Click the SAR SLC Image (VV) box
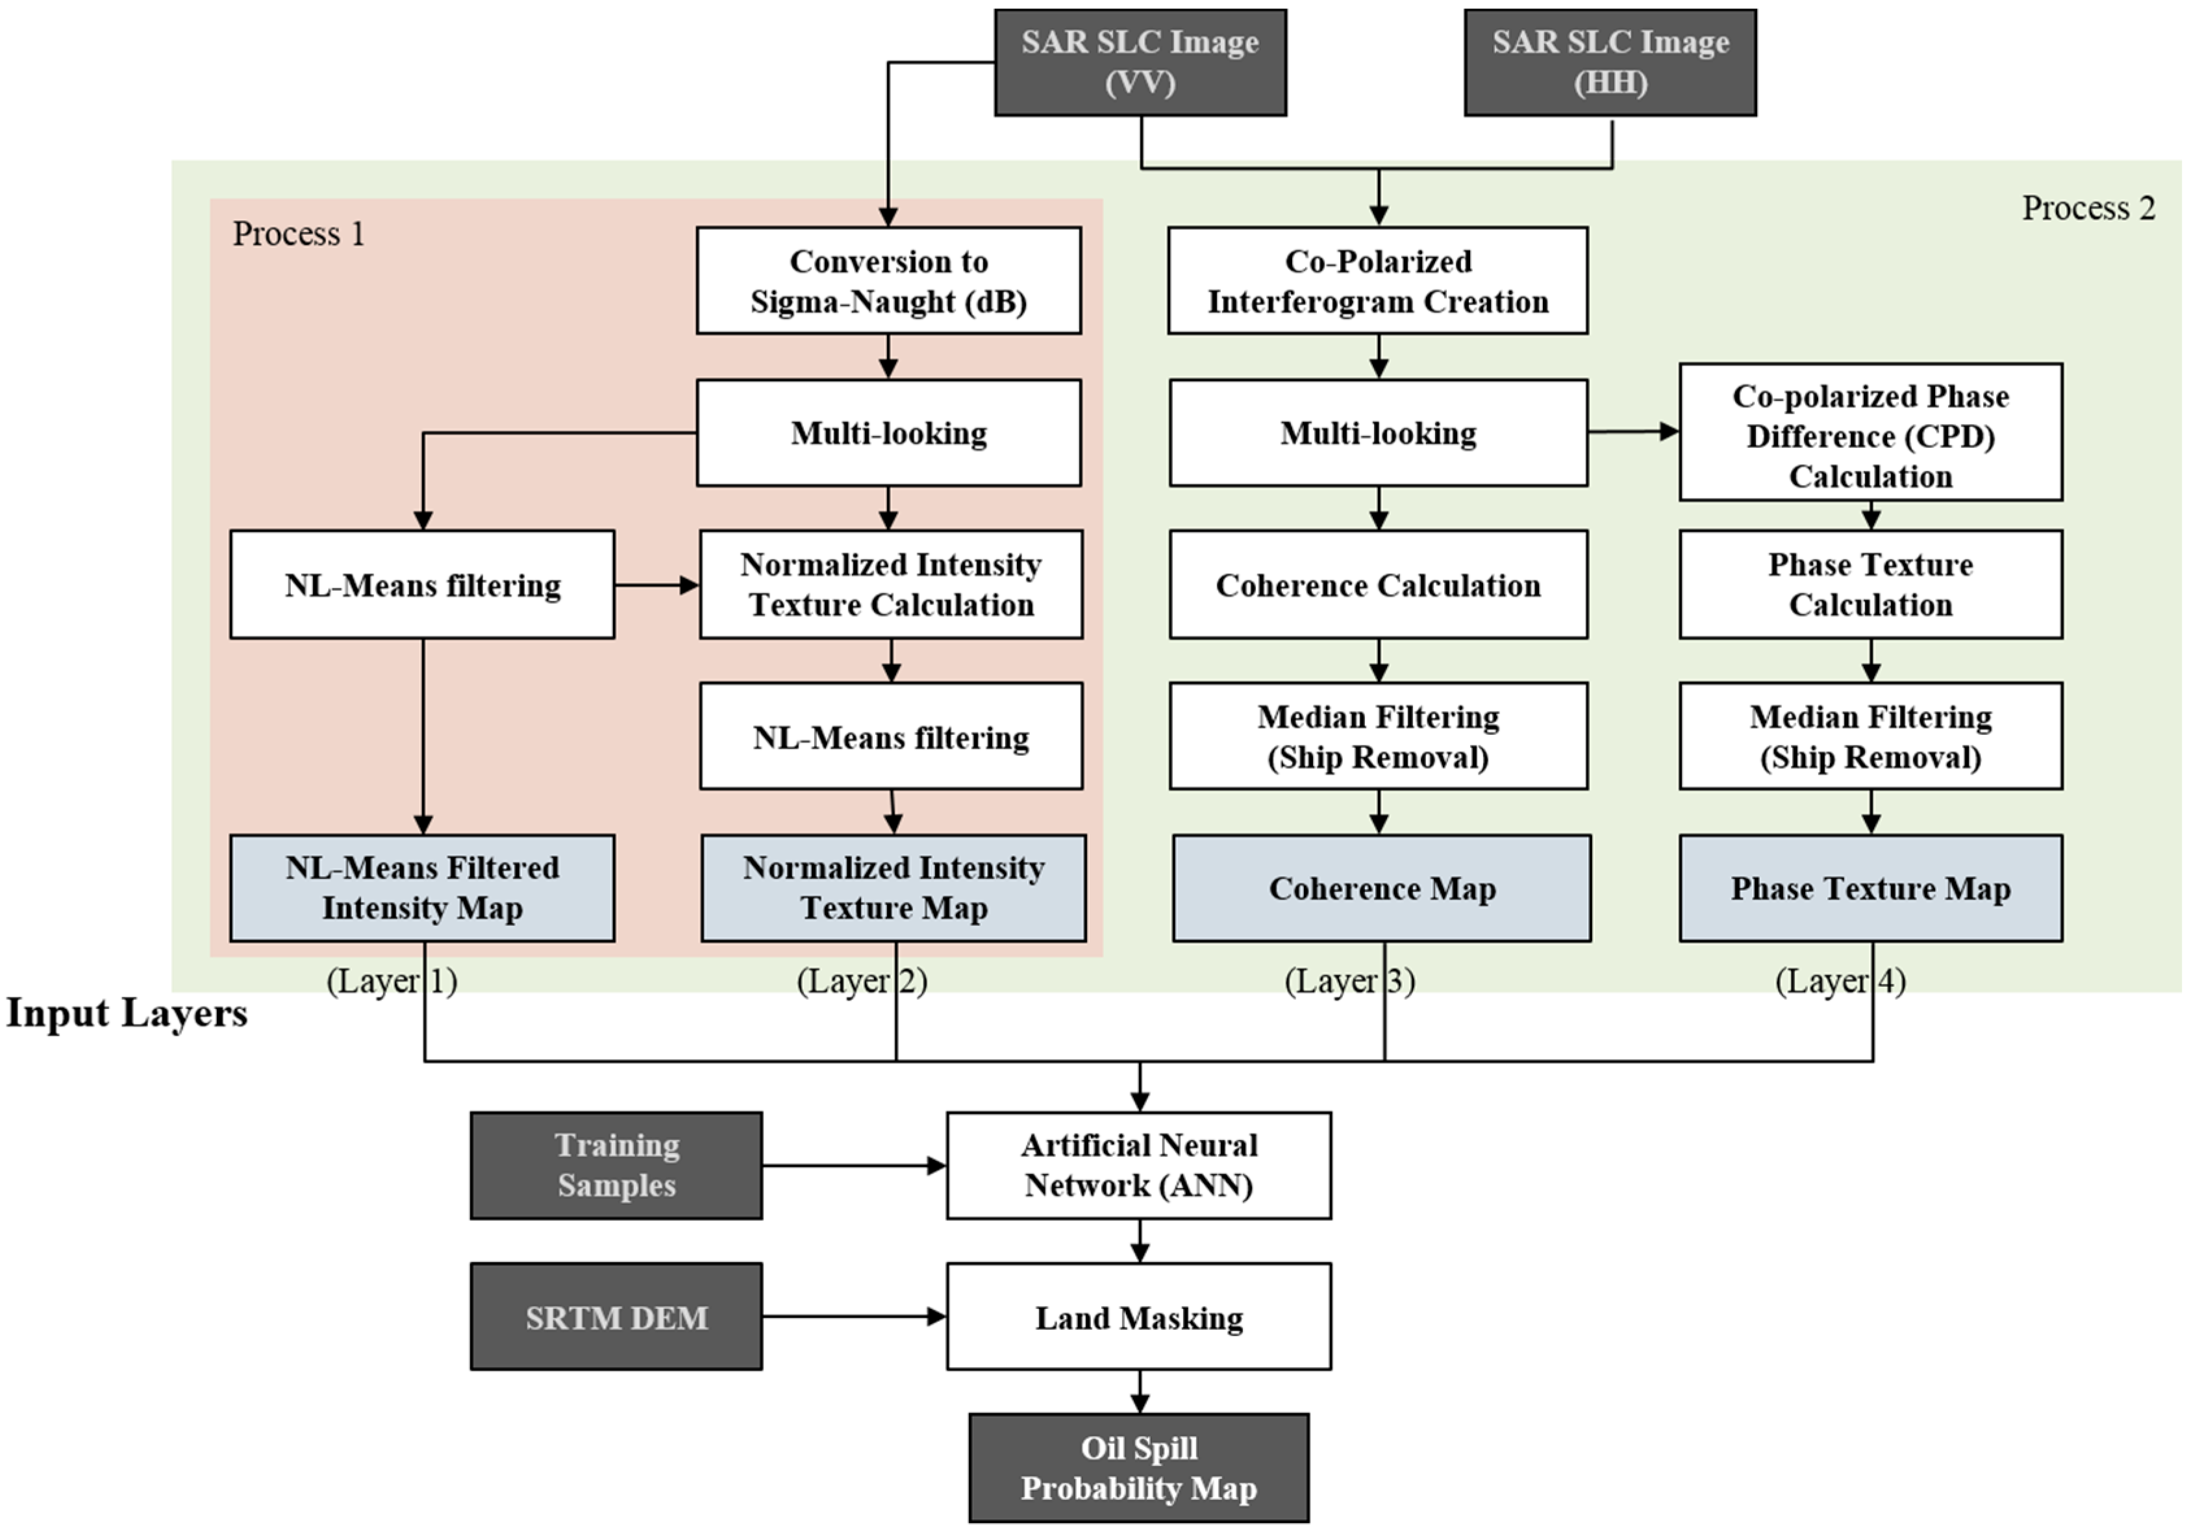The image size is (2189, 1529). [x=1140, y=63]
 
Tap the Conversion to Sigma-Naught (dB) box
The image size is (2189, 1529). [x=888, y=280]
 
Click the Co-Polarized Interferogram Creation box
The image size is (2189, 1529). [x=1378, y=280]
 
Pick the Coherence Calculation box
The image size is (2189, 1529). [x=1378, y=584]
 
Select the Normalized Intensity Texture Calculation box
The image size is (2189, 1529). [x=890, y=584]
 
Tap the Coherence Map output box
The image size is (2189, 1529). [x=1381, y=888]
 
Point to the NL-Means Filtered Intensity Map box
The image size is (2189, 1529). [x=421, y=888]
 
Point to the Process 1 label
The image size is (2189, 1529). [x=299, y=234]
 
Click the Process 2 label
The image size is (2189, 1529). [x=2088, y=208]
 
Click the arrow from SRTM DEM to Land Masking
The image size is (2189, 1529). [x=853, y=1317]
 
